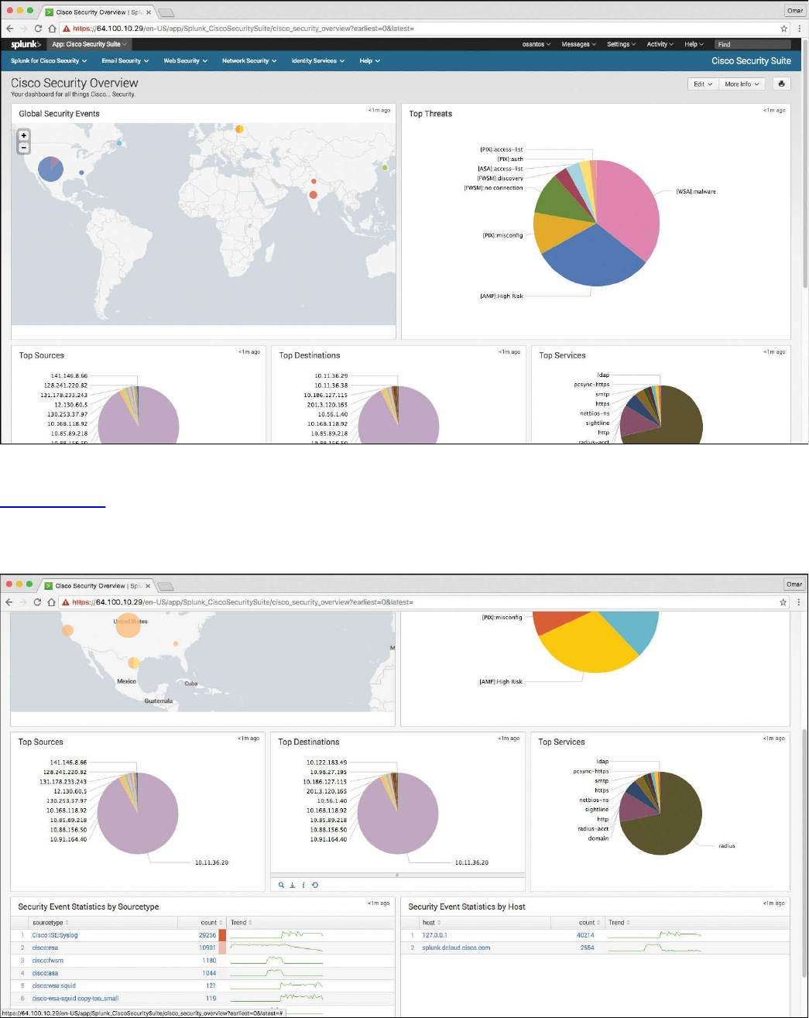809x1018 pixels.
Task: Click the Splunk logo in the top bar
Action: coord(26,44)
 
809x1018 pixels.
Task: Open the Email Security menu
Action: coord(124,60)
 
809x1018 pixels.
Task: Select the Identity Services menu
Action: coord(317,60)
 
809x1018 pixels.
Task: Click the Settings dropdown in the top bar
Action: coord(621,44)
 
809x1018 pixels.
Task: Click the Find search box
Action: coord(752,44)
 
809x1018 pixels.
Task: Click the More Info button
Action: coord(742,84)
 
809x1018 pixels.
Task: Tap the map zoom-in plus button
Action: coord(24,135)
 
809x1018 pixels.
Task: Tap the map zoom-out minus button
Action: coord(24,147)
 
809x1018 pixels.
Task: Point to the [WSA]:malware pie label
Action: coord(696,191)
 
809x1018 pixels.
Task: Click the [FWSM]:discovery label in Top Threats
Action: coord(500,178)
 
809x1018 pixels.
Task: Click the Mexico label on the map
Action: coord(126,681)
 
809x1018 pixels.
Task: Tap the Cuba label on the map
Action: coord(191,684)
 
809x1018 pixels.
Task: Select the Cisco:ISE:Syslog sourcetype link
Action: coord(55,935)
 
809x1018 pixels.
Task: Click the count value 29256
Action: coord(207,935)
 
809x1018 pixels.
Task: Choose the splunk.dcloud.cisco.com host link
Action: coord(456,948)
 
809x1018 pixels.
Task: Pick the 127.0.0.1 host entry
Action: coord(434,935)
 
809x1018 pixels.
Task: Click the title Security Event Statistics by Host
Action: coord(467,907)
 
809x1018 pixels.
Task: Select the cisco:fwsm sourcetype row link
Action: coord(48,961)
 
